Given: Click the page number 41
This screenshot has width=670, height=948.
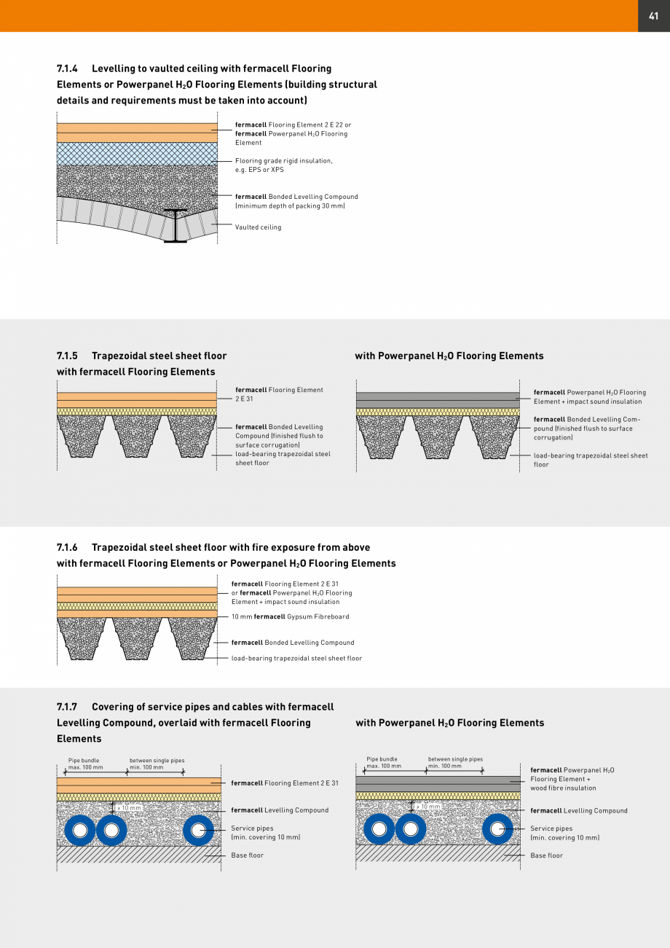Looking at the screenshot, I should (x=653, y=15).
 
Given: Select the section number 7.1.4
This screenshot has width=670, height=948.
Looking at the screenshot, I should (x=68, y=68).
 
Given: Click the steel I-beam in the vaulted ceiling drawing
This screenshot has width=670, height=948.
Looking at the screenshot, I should (x=176, y=226).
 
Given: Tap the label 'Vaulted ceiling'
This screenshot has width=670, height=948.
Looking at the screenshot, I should (x=258, y=227).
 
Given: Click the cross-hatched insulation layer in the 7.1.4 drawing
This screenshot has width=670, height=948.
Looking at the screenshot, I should (x=137, y=154).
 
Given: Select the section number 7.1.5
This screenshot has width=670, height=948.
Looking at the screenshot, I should (x=68, y=356).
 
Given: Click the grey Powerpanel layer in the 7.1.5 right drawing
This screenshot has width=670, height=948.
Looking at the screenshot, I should (x=437, y=400).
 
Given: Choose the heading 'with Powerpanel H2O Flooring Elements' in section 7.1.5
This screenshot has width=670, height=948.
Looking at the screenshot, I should (x=449, y=356).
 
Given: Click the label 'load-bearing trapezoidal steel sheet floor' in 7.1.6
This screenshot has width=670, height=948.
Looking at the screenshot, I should (x=296, y=659).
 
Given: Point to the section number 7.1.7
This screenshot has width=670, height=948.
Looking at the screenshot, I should (x=68, y=707).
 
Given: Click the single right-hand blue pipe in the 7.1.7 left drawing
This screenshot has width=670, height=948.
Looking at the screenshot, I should (x=198, y=830).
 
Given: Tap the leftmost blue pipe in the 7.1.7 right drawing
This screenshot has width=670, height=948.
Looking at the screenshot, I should (x=379, y=829).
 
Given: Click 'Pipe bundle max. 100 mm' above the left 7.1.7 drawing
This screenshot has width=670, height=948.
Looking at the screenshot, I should (x=85, y=764).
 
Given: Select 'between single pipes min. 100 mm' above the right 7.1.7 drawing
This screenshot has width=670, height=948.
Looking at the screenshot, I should (x=454, y=762).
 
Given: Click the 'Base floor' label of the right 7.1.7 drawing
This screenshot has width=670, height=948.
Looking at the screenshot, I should (x=546, y=855).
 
